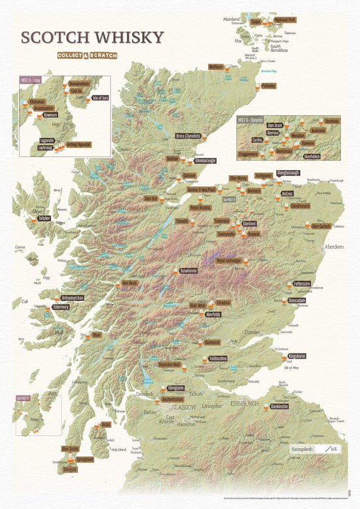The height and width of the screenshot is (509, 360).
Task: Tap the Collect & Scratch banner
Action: point(86,55)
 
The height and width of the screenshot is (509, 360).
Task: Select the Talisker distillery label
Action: point(44,219)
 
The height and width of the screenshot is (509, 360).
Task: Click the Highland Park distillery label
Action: point(285,20)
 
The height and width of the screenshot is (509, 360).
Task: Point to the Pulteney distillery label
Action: point(268,86)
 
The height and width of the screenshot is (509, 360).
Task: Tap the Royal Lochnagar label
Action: point(229,260)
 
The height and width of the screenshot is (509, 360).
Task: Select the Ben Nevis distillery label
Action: point(131,284)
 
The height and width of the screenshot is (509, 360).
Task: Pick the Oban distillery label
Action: point(96,334)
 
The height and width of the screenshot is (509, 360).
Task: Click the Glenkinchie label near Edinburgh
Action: point(279,406)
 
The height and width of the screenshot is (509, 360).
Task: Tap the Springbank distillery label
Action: point(84,459)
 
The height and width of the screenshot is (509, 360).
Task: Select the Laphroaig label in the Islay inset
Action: point(45,148)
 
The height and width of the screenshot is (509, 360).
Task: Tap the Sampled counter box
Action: point(317,449)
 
